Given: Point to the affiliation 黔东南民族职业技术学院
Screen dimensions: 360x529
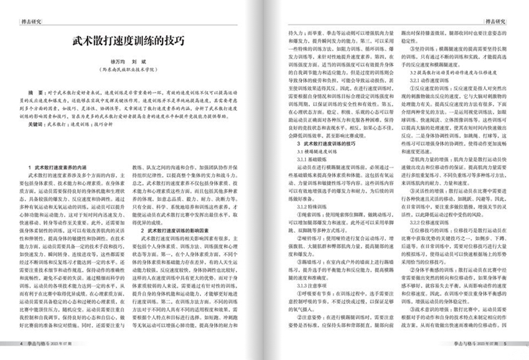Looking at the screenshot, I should [131, 72].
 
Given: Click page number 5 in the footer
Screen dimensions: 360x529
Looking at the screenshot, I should [505, 343].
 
